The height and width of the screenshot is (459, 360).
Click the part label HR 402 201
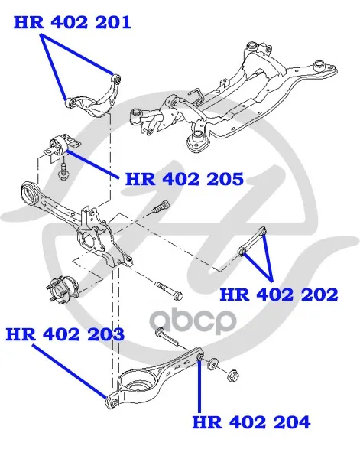73,22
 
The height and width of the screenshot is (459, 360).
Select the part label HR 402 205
184,179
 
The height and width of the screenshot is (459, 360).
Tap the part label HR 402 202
279,295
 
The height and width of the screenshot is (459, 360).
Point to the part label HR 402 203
65,334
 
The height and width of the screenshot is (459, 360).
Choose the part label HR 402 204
251,422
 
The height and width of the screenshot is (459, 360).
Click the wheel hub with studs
63,291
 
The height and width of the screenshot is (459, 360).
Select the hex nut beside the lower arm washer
233,375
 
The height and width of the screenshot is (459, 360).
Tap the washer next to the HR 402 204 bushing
212,363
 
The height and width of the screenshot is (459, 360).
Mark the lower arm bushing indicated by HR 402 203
112,401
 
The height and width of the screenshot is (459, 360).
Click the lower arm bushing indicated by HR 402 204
199,357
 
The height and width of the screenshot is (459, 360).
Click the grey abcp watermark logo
193,321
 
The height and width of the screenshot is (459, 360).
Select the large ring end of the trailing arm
30,194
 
